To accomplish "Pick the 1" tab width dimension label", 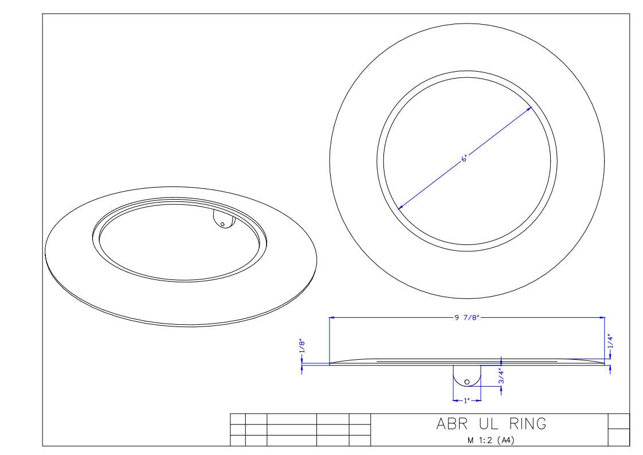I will click(467, 400).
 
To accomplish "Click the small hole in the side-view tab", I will click(467, 381).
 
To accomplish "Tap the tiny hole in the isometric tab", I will click(223, 224).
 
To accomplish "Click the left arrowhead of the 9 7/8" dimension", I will click(332, 317).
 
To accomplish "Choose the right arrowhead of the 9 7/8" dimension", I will click(602, 317).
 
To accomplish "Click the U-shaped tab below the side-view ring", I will click(467, 376).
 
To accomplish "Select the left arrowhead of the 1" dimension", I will click(455, 400).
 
